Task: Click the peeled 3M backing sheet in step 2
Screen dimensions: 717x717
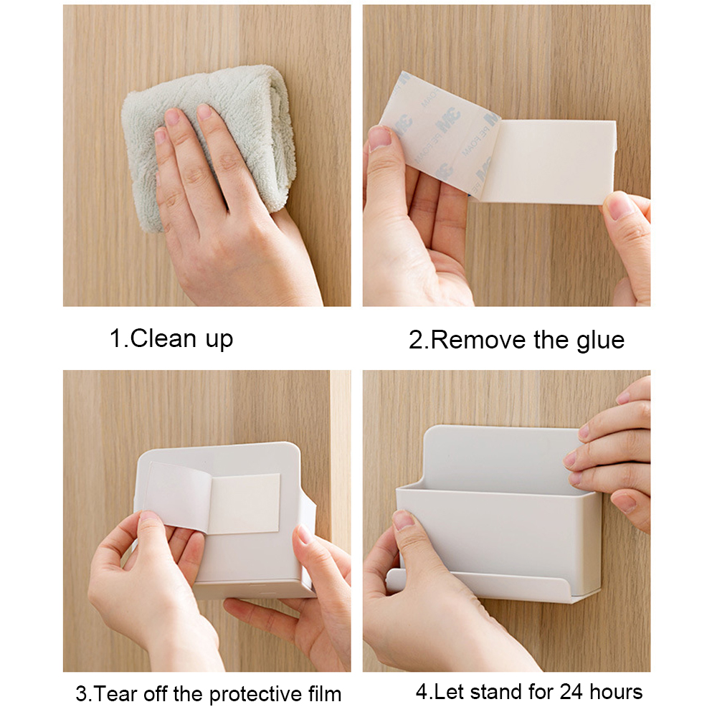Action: [430, 136]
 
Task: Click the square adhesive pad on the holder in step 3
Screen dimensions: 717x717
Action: [244, 503]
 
